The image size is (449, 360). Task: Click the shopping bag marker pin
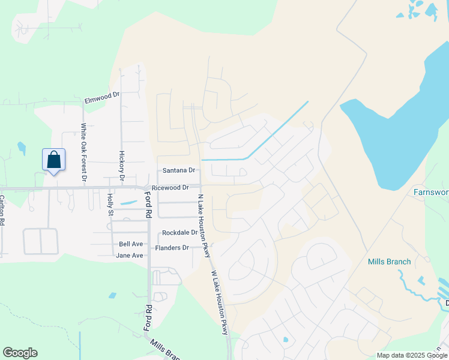(x=53, y=160)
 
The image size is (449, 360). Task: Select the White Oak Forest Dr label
(x=84, y=152)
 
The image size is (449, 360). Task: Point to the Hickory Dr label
(x=121, y=166)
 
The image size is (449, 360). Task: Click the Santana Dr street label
(x=179, y=170)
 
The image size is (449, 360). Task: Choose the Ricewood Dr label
(x=170, y=188)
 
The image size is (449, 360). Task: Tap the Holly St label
(x=110, y=204)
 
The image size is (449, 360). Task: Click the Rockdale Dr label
(x=180, y=232)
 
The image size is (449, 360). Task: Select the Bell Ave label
(x=131, y=244)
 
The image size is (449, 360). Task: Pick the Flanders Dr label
(x=172, y=248)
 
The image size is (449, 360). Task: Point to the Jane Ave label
(x=130, y=256)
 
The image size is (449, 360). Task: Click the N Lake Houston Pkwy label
(x=203, y=226)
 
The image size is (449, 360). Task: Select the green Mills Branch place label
(x=389, y=262)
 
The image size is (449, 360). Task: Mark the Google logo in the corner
(x=20, y=353)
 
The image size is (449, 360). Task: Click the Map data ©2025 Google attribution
(x=412, y=355)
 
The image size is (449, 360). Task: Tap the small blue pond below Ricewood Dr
(x=128, y=203)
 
